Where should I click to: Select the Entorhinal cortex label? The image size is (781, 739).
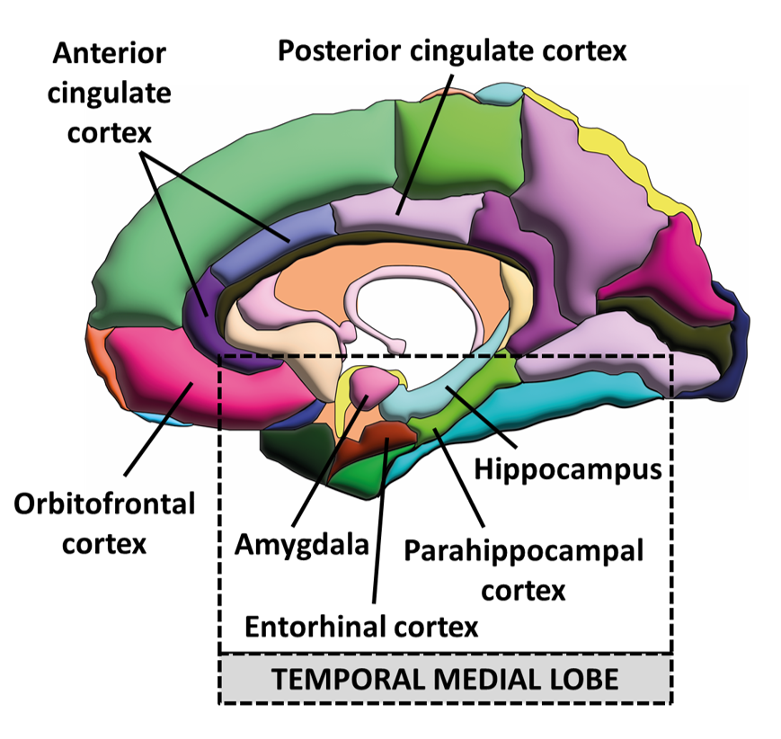pos(375,626)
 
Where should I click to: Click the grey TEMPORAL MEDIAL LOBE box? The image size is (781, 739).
pos(445,679)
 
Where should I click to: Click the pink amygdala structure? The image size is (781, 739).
pos(374,386)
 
